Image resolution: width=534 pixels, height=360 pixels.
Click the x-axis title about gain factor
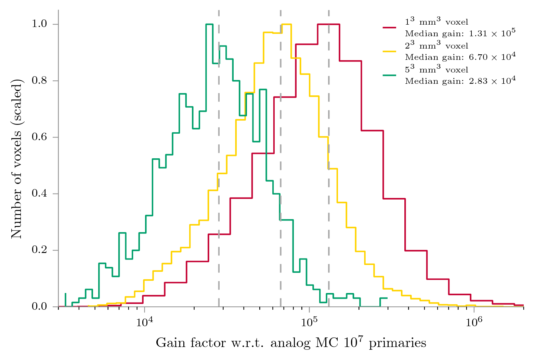(291, 343)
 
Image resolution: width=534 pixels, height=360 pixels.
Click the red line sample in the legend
(389, 27)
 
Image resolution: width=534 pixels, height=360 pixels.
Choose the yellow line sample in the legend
(389, 51)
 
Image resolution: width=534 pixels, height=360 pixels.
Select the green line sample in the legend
(389, 75)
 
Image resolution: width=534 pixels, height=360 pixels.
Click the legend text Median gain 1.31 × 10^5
(460, 33)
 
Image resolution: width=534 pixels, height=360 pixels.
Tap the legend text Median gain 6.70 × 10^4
(460, 57)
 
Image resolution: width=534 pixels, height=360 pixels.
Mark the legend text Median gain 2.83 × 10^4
(460, 81)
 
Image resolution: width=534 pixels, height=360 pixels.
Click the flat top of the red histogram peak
(328, 24)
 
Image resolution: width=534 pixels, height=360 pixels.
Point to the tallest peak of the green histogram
(209, 24)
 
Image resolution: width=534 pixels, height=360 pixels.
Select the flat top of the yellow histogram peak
(286, 24)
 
